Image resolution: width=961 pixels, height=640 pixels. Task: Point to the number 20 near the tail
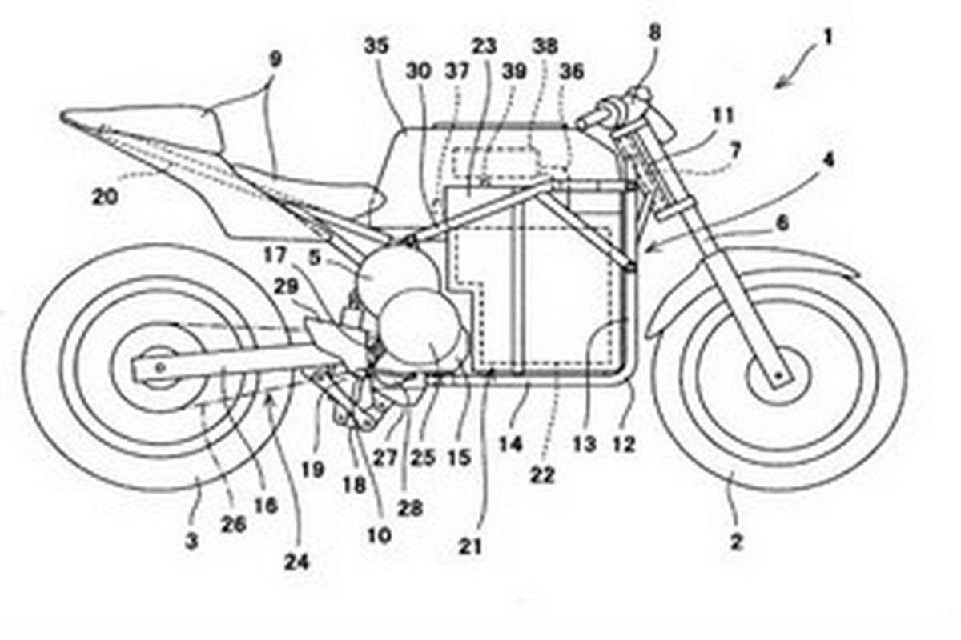click(x=106, y=195)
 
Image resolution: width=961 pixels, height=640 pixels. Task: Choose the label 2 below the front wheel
click(x=736, y=542)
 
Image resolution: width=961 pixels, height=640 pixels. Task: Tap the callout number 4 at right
click(x=827, y=159)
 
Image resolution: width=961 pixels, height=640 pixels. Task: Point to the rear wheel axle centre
click(x=161, y=366)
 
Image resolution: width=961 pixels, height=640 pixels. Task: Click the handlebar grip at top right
click(x=593, y=121)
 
